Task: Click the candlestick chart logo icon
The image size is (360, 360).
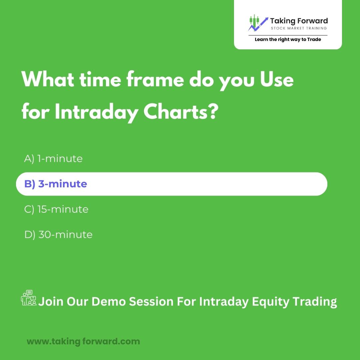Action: [258, 23]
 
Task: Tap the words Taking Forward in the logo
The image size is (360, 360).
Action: [299, 21]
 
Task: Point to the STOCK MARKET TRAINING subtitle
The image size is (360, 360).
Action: [299, 28]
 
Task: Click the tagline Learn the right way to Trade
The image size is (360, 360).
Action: [288, 39]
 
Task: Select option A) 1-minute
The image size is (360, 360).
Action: [53, 159]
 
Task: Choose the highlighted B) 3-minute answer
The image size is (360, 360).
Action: [56, 184]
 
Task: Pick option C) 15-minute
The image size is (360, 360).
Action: [56, 209]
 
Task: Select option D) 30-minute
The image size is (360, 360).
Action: [58, 235]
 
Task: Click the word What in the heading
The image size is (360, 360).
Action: [48, 79]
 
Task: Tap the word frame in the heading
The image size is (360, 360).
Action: [155, 79]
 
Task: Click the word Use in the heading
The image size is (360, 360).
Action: [277, 79]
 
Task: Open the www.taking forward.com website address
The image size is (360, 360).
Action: [83, 341]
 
